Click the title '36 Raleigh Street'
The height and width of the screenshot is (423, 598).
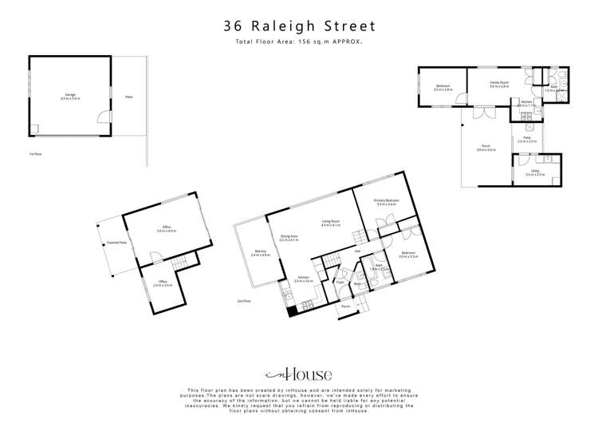[x=299, y=26]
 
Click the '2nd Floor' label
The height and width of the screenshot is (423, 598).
[x=244, y=300]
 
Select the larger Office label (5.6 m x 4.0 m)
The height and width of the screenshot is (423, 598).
[x=167, y=229]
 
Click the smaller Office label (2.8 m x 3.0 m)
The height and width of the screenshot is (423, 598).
[x=163, y=283]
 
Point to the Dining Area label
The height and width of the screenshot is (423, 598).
[x=289, y=238]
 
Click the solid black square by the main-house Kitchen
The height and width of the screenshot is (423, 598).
[x=292, y=312]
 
